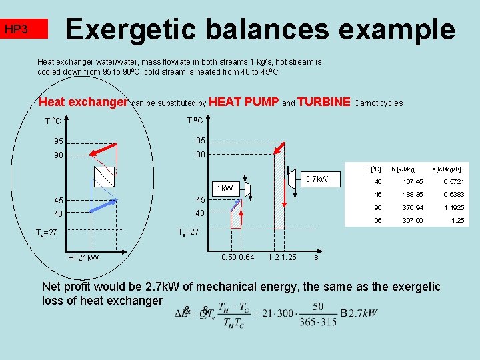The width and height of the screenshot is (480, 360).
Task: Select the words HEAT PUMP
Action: pyautogui.click(x=243, y=102)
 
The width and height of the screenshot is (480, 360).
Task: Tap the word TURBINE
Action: pyautogui.click(x=324, y=102)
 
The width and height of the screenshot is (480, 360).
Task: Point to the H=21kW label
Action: pyautogui.click(x=83, y=258)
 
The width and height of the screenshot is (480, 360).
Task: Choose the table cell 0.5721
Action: pyautogui.click(x=453, y=182)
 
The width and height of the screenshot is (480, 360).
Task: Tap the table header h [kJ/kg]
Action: pyautogui.click(x=404, y=169)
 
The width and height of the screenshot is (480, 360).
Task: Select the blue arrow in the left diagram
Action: pyautogui.click(x=103, y=204)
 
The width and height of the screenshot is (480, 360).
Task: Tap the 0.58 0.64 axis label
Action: pyautogui.click(x=237, y=257)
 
